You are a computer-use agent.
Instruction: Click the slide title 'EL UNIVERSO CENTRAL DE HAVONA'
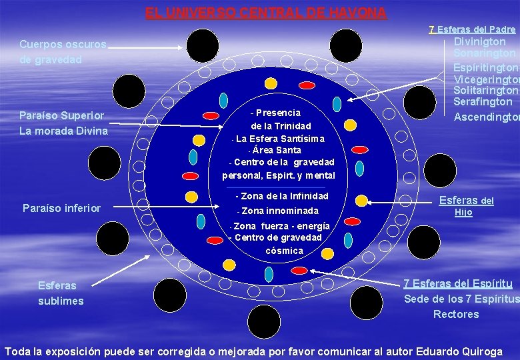click(266, 13)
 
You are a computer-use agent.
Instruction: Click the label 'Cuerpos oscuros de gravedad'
click(63, 52)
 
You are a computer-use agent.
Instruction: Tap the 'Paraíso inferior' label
click(61, 208)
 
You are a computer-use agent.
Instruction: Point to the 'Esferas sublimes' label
click(61, 293)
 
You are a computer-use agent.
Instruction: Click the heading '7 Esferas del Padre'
click(472, 29)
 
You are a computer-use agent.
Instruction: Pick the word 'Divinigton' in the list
click(479, 41)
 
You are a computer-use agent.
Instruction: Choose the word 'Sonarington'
click(485, 53)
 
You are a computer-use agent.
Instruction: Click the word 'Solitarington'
click(485, 90)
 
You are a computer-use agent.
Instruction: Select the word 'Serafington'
click(483, 102)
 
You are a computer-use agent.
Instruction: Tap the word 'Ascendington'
click(487, 117)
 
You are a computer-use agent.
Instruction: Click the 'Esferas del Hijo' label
click(466, 206)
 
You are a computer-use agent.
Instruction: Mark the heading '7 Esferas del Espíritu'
click(457, 283)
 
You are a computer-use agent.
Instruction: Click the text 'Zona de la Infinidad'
click(282, 196)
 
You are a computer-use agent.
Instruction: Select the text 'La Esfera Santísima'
click(280, 139)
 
